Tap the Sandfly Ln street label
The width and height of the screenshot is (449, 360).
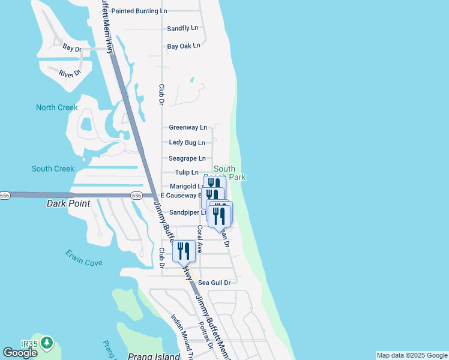182,28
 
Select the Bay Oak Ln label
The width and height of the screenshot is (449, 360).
183,46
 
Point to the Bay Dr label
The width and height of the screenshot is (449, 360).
71,48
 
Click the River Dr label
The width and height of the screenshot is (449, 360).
70,73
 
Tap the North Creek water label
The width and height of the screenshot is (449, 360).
57,107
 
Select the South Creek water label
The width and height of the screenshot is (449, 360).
53,169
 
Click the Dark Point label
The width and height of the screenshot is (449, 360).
68,203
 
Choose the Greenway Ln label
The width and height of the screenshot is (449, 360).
188,127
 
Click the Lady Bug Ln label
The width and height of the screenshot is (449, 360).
187,143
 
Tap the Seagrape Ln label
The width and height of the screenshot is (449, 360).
187,158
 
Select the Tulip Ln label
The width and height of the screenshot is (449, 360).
187,173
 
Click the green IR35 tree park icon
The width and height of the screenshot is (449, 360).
46,344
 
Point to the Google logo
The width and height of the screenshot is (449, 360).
20,353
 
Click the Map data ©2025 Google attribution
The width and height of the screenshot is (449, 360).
412,355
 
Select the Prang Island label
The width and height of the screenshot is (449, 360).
154,356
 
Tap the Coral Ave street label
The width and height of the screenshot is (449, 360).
200,239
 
